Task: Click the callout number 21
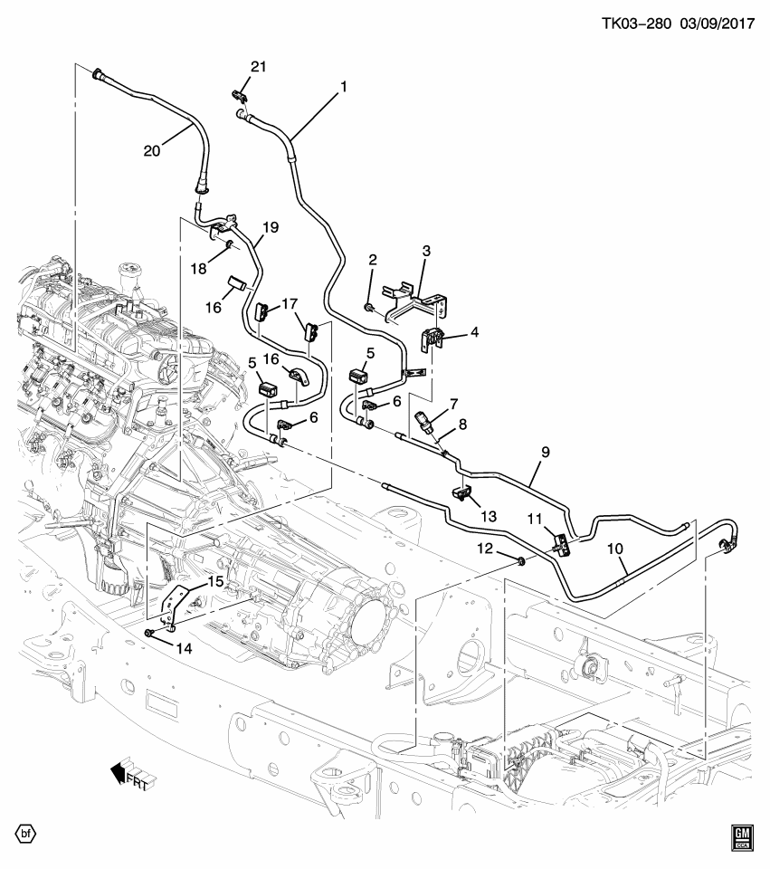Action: [x=260, y=68]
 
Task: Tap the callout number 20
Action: [x=151, y=151]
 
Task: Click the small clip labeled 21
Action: [x=241, y=92]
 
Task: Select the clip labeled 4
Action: [x=433, y=339]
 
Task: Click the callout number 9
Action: [x=546, y=450]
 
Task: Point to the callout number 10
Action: [x=615, y=548]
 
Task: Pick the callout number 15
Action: [x=215, y=581]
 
